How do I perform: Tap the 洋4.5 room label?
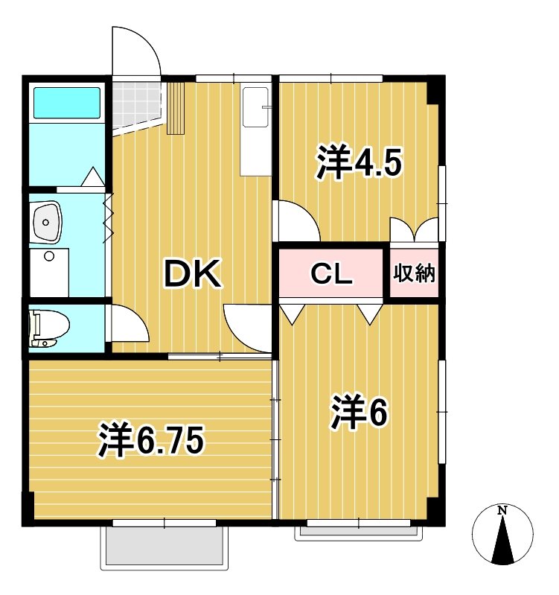click(360, 163)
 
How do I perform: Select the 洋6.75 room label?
click(150, 441)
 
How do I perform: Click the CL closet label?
click(330, 274)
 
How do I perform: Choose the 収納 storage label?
click(413, 274)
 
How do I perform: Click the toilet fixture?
click(48, 327)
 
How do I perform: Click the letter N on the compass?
click(502, 511)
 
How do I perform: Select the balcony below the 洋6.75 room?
click(162, 548)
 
